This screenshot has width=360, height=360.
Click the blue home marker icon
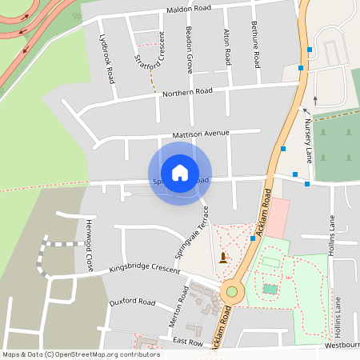coord(180,172)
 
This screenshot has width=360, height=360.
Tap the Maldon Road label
coord(189,10)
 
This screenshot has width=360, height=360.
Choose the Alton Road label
coord(228,46)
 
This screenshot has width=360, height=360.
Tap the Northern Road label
coord(186,93)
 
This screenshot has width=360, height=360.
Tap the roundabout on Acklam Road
coord(231,291)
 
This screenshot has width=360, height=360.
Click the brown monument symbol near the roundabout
coord(222,257)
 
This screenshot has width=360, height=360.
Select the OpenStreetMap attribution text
coord(81,354)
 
